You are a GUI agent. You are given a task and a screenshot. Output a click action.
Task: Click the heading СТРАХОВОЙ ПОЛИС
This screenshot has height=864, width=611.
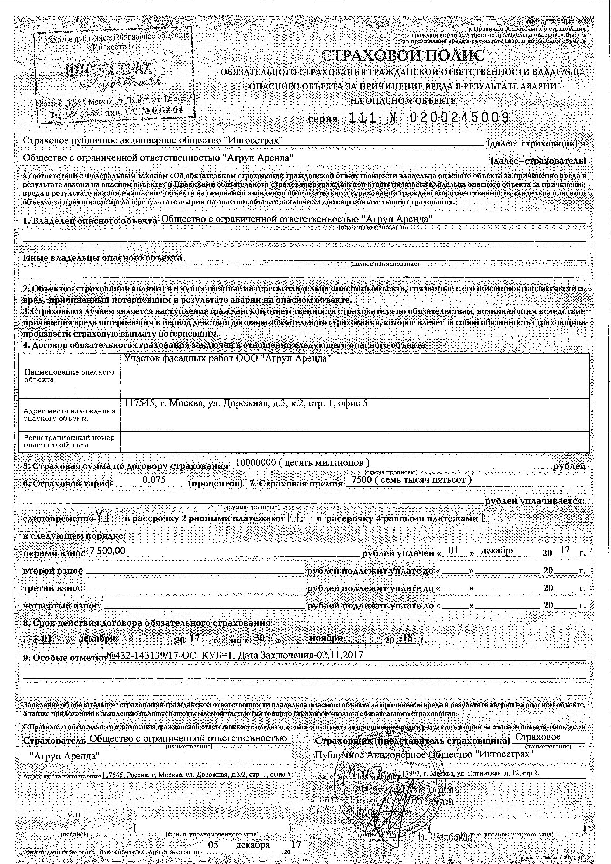[x=403, y=56]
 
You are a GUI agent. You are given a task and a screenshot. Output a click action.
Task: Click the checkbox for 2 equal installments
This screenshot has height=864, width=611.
[x=293, y=518]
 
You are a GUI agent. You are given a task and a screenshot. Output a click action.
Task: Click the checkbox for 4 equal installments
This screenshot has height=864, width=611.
[x=486, y=518]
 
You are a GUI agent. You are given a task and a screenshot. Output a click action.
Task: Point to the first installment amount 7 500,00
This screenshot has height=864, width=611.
[x=107, y=550]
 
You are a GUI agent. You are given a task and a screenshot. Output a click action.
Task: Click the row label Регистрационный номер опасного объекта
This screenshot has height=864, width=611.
[x=69, y=441]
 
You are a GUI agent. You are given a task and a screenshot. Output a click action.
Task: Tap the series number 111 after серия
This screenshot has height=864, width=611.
[x=363, y=118]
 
